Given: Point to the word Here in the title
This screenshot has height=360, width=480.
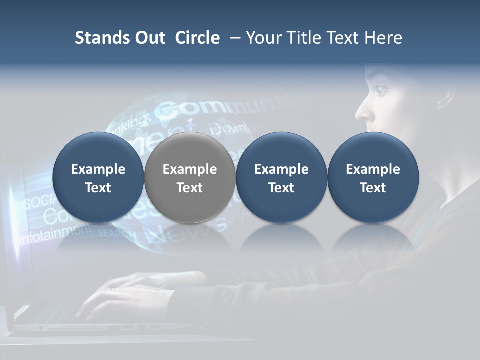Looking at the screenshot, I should pos(383,38).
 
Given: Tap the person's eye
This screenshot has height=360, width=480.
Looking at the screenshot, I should pos(381,90).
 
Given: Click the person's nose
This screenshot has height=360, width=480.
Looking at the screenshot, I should pos(363,114).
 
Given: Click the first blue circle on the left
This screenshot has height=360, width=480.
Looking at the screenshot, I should pos(98,178).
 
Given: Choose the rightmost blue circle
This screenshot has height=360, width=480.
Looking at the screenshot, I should pos(373,178).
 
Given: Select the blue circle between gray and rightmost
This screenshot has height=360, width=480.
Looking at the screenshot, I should pos(281,178).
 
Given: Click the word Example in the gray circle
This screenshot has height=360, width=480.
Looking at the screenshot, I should pos(189,169).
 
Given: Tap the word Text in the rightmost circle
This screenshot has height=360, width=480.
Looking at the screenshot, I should pos(373,188).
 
